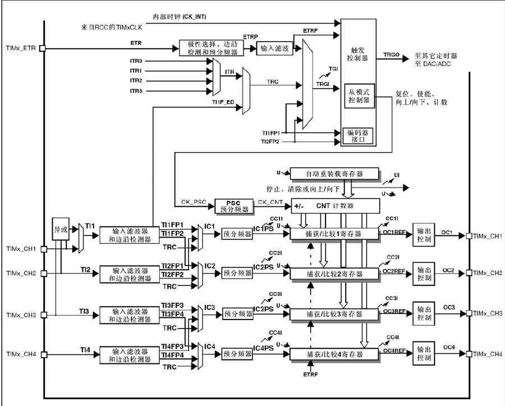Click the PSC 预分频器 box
click(232, 206)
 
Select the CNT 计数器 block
click(334, 206)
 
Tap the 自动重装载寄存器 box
click(334, 174)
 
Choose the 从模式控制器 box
click(358, 95)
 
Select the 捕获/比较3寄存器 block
click(334, 313)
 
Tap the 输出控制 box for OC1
click(425, 233)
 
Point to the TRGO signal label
click(391, 56)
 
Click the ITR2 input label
click(136, 81)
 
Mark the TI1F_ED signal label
click(223, 103)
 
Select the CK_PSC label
click(192, 201)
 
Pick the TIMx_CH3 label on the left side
click(21, 314)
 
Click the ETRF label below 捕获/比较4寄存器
click(310, 373)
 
